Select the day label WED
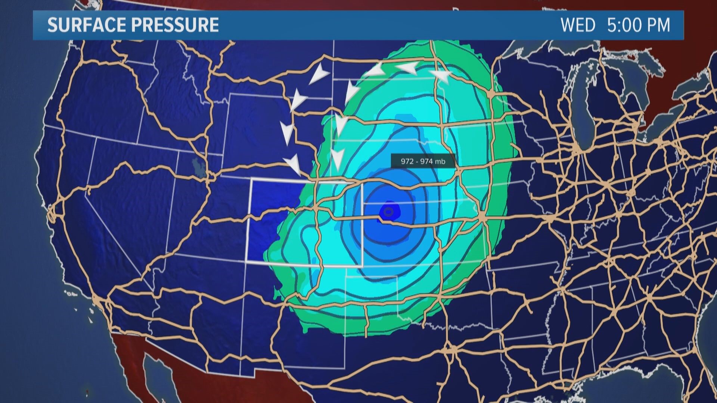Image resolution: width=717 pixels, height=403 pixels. (578, 25)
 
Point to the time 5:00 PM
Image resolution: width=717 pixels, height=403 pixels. (639, 25)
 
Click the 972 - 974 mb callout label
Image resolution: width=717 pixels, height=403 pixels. (423, 162)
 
